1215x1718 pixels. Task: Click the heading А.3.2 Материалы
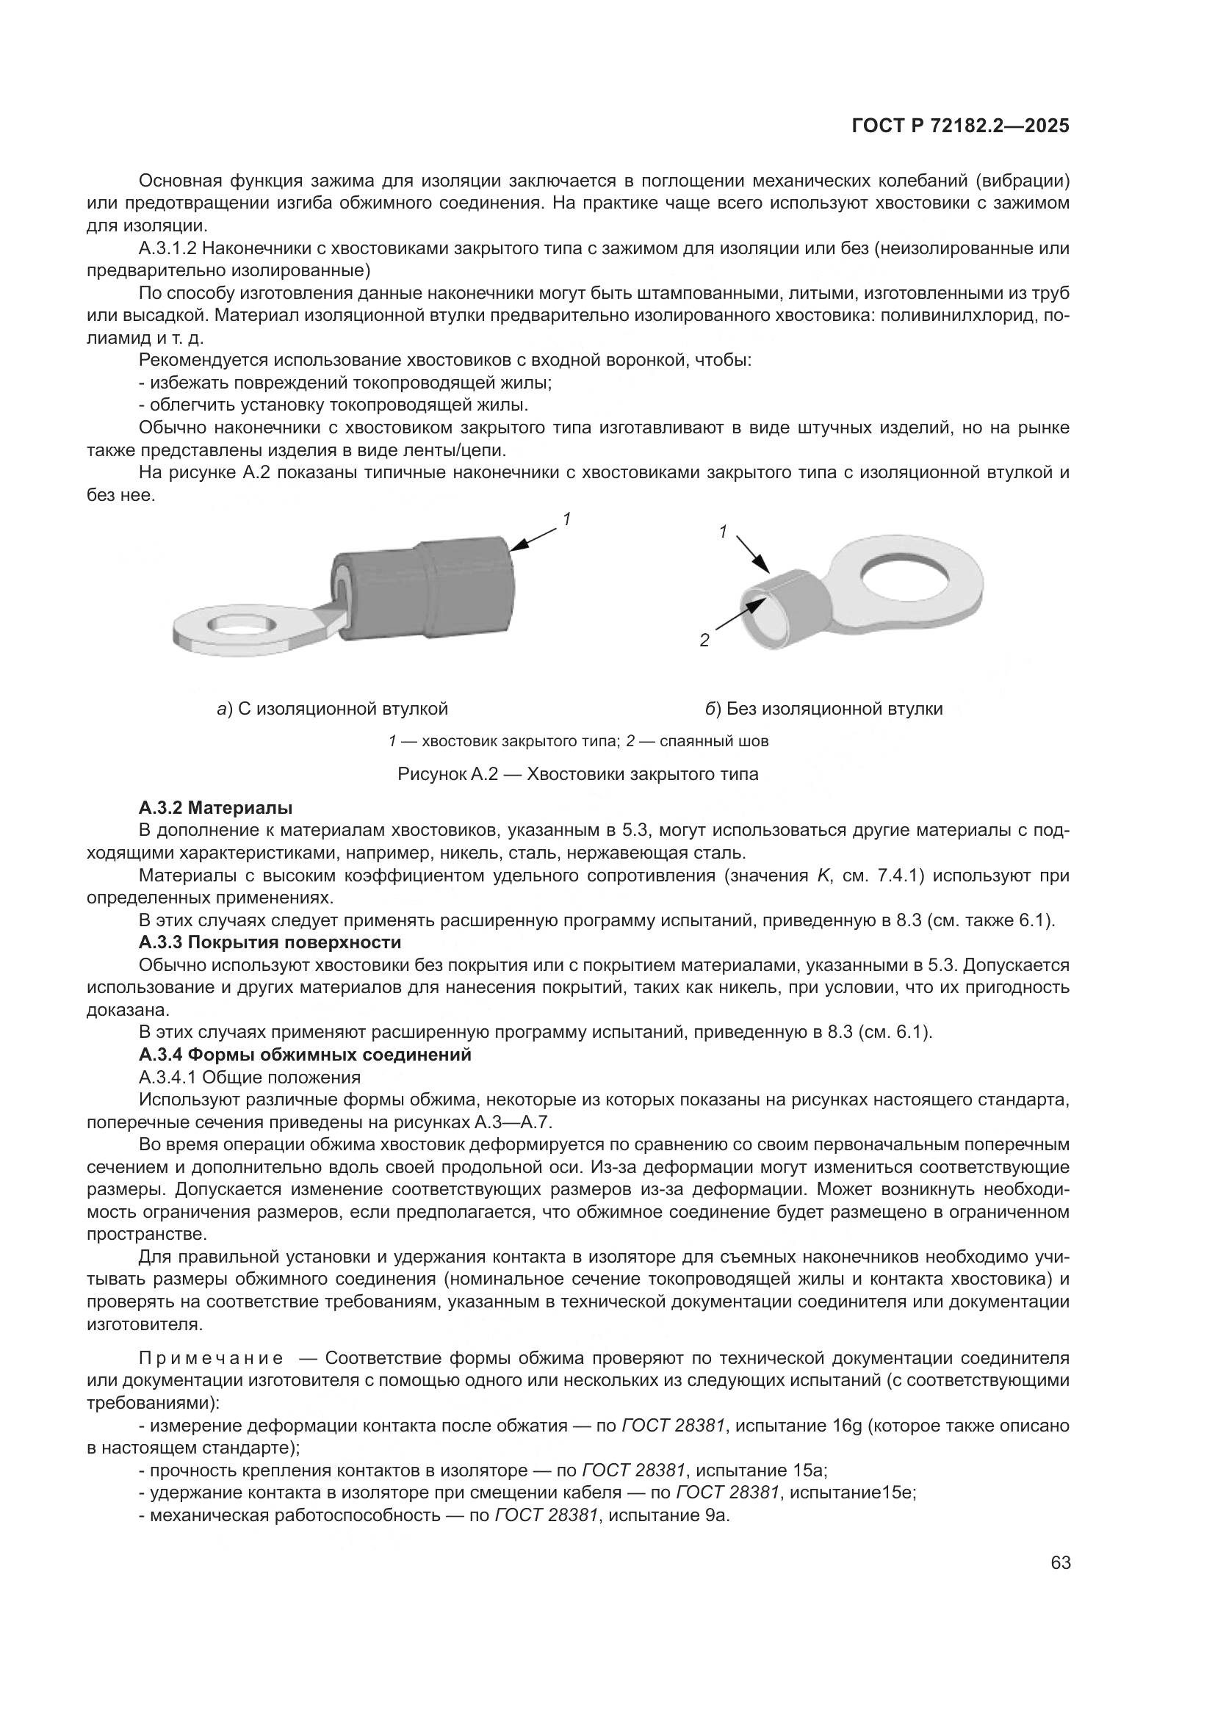pyautogui.click(x=215, y=808)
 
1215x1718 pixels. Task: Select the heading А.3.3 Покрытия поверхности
pyautogui.click(x=270, y=942)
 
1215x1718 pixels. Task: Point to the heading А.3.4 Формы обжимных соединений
pyautogui.click(x=305, y=1054)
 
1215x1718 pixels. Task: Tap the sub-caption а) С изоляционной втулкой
pyautogui.click(x=332, y=708)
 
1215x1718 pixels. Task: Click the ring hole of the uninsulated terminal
pyautogui.click(x=909, y=577)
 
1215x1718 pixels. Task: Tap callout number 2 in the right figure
pyautogui.click(x=704, y=640)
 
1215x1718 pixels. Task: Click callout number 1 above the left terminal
pyautogui.click(x=567, y=519)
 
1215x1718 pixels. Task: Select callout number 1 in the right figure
pyautogui.click(x=723, y=531)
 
